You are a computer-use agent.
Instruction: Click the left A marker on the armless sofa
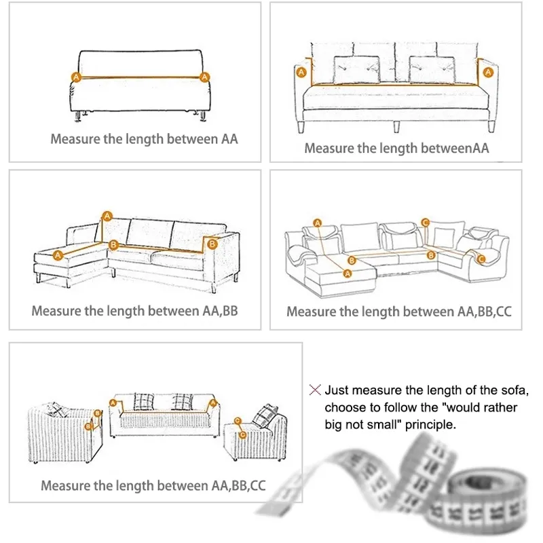click(75, 78)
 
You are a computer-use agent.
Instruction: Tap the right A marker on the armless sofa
click(204, 78)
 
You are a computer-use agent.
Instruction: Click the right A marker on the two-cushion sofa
click(487, 71)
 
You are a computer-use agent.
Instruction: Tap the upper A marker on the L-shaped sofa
click(107, 216)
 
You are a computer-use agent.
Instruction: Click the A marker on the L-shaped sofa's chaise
click(58, 255)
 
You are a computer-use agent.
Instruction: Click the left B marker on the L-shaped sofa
click(114, 243)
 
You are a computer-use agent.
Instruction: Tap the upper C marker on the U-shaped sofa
click(425, 222)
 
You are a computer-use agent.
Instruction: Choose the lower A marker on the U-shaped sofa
click(348, 273)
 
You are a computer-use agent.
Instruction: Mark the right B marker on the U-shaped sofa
click(430, 255)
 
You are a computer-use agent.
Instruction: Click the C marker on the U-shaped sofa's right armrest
click(481, 259)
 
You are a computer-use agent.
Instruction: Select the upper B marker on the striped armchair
click(98, 412)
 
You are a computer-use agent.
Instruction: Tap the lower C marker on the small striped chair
click(243, 433)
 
